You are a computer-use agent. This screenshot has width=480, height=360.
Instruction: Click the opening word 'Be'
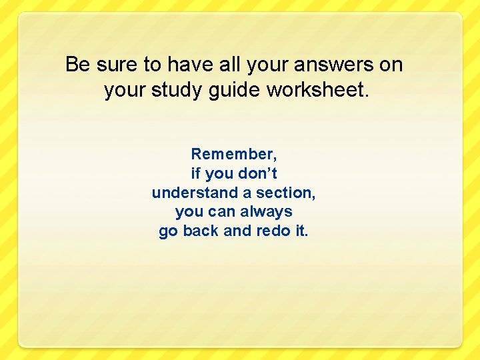pos(77,65)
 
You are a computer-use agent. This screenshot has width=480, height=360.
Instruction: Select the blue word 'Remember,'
pos(234,154)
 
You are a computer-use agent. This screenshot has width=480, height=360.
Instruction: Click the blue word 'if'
pos(195,173)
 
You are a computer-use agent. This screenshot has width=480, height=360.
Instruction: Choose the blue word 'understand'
pos(194,193)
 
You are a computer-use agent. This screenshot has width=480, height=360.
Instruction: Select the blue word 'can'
pos(223,212)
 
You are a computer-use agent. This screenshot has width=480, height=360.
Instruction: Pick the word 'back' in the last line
pos(201,231)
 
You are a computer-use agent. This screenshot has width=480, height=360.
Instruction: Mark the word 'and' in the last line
pos(237,231)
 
